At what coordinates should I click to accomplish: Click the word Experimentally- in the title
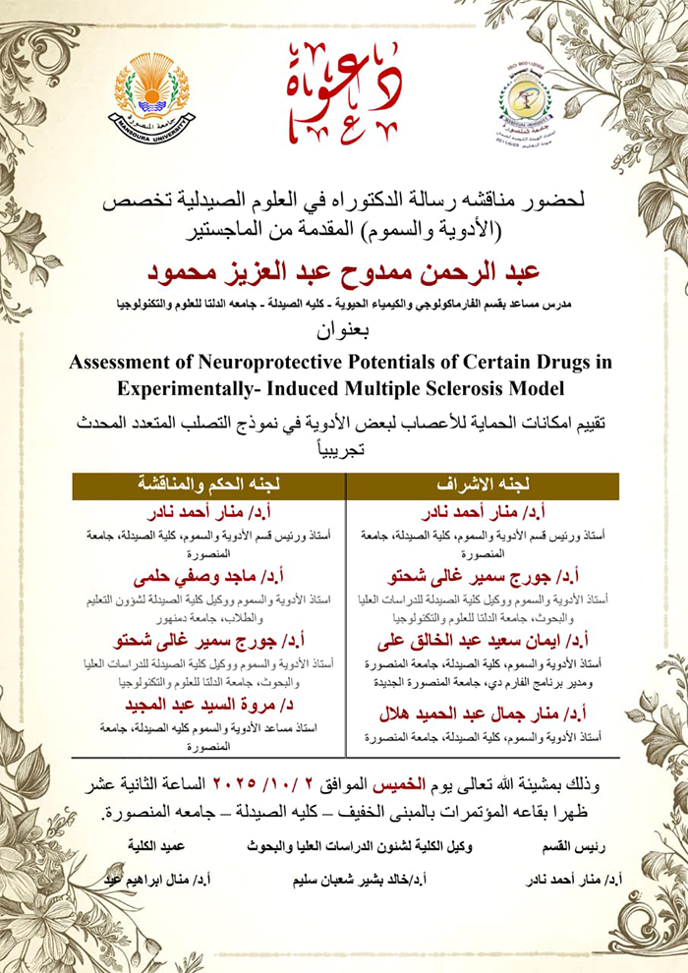[x=207, y=386]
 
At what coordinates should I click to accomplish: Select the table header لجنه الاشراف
[x=483, y=486]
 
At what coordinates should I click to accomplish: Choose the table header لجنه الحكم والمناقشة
[x=208, y=486]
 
